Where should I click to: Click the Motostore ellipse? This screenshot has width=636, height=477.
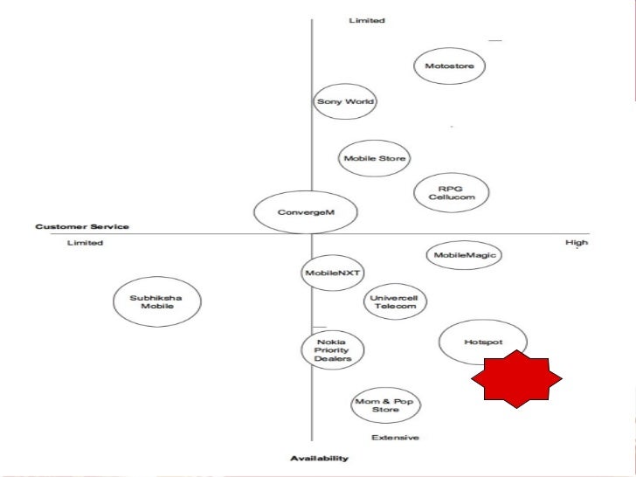[450, 66]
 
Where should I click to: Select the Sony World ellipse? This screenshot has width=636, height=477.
[344, 101]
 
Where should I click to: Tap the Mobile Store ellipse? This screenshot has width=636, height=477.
[375, 159]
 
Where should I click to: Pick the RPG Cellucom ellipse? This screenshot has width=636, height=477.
[451, 191]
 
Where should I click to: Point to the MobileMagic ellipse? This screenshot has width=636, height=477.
[463, 255]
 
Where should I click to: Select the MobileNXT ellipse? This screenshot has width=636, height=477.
[326, 273]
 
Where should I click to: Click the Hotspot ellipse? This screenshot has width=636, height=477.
[483, 342]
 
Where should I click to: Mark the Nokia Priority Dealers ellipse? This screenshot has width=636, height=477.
[332, 349]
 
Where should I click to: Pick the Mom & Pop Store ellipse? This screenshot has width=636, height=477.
[385, 405]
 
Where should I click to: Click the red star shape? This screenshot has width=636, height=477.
[516, 379]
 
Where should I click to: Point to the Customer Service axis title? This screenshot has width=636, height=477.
[82, 227]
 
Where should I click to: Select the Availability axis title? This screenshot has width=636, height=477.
[319, 458]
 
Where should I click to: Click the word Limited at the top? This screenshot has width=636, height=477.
[367, 20]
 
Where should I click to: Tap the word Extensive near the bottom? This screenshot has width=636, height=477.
[395, 438]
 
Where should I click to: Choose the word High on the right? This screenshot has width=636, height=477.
[577, 242]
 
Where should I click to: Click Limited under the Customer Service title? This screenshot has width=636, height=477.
[85, 242]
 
